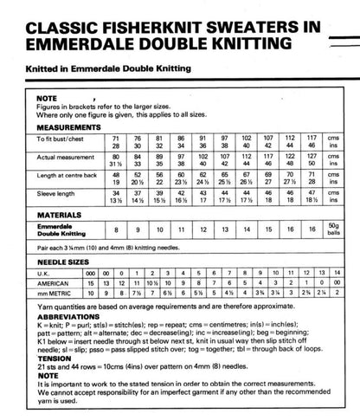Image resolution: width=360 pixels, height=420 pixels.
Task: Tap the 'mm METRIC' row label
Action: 55,294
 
